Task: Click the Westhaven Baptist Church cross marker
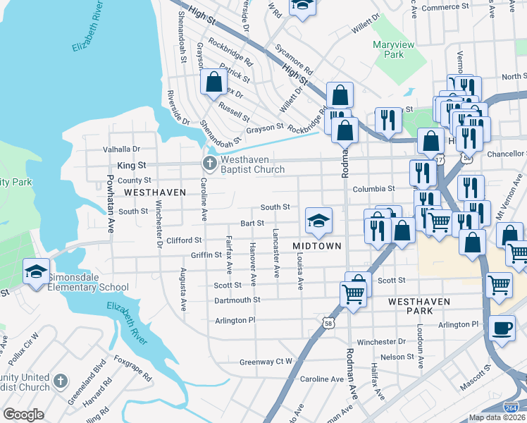click(x=209, y=164)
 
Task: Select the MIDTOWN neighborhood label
click(x=317, y=245)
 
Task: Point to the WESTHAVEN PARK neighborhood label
click(x=419, y=301)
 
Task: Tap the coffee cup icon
click(x=502, y=328)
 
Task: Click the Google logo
click(x=23, y=414)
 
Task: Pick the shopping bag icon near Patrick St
click(x=213, y=82)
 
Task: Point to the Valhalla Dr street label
click(x=122, y=149)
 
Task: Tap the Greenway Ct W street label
click(x=266, y=362)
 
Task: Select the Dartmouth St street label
click(x=237, y=300)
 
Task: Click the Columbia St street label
click(x=373, y=189)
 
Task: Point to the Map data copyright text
click(x=497, y=417)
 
